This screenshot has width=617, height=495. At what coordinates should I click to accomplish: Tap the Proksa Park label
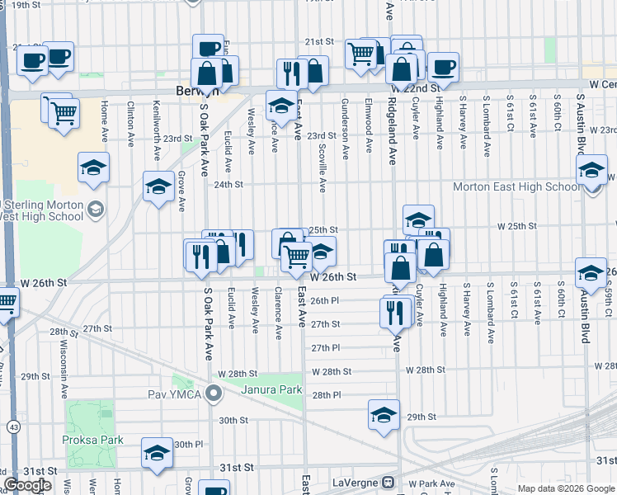[x=92, y=440]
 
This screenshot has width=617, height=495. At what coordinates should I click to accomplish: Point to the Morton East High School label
[x=516, y=186]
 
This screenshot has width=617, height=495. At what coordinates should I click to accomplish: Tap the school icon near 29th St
[x=384, y=416]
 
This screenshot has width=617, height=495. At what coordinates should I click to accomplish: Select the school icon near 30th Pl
[x=157, y=453]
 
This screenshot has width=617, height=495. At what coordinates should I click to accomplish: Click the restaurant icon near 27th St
[x=394, y=311]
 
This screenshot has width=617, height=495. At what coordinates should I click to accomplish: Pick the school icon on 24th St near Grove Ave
[x=158, y=187]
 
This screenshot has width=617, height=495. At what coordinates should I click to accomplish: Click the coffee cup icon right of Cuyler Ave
[x=443, y=68]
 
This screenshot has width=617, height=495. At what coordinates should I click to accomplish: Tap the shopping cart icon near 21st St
[x=360, y=54]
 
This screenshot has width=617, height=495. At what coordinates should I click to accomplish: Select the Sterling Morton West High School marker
[x=97, y=210]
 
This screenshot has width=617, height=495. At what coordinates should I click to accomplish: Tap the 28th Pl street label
[x=326, y=395]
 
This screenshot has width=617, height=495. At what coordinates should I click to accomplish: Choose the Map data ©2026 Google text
[x=565, y=488]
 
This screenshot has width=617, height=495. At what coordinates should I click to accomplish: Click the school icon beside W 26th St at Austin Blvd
[x=591, y=273]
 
